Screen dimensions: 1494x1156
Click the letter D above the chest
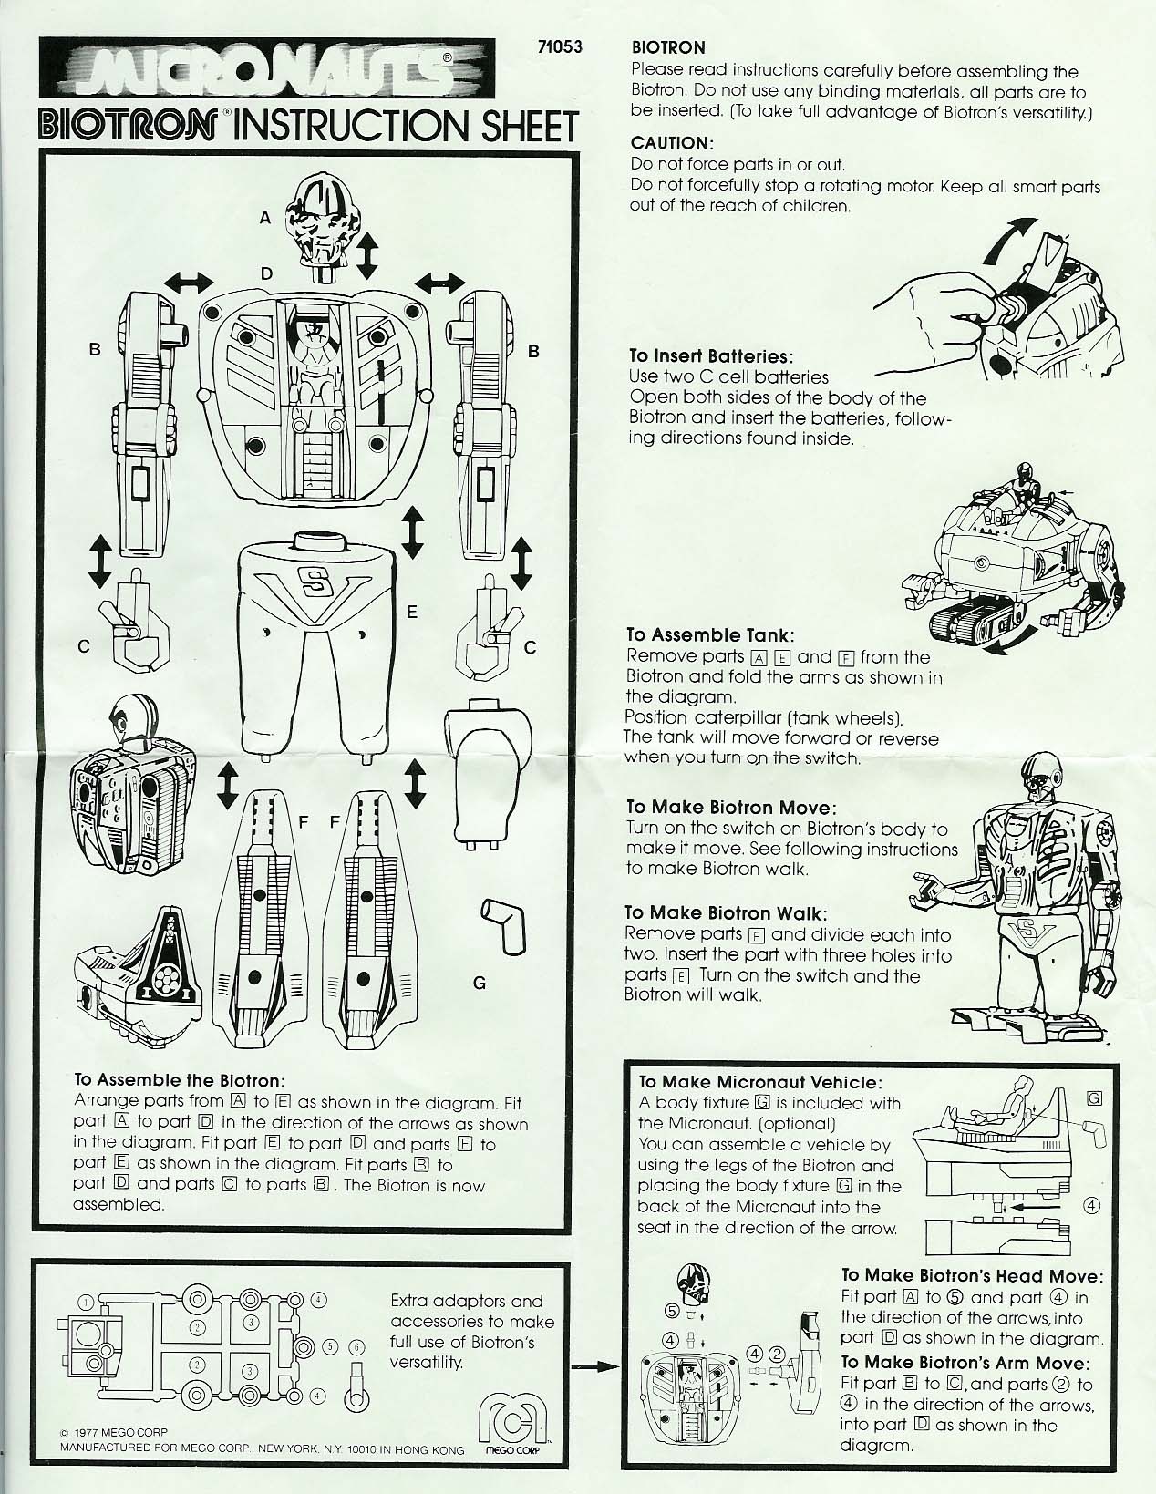click(266, 273)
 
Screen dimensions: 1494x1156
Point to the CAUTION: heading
click(669, 143)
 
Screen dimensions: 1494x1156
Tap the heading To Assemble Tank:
click(709, 635)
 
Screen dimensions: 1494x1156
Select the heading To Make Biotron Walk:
click(725, 912)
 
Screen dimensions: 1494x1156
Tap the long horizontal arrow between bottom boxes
click(594, 1366)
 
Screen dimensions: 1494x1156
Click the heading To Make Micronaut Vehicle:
click(759, 1082)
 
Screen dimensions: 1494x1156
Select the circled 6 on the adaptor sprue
click(356, 1346)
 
